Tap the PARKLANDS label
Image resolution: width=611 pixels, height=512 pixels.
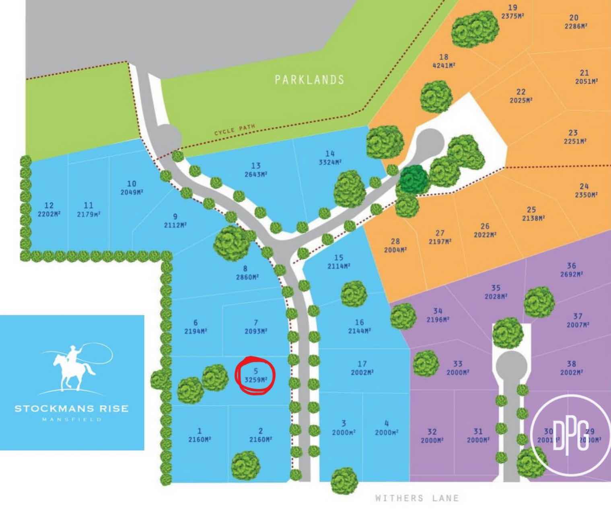click(x=309, y=80)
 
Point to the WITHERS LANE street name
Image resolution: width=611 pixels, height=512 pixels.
click(x=417, y=498)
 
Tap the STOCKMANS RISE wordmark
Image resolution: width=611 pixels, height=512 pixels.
click(x=72, y=409)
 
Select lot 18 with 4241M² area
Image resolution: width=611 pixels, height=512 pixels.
click(x=444, y=61)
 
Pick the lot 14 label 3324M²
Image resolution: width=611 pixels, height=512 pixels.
click(x=330, y=158)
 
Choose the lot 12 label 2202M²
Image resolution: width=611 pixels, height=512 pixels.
click(x=49, y=210)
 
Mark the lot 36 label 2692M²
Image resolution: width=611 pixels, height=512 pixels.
click(x=571, y=269)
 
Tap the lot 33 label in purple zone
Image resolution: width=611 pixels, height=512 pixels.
click(x=458, y=368)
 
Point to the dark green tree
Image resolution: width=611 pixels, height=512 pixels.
click(x=414, y=179)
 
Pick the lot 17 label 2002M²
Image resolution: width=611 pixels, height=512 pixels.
click(x=362, y=368)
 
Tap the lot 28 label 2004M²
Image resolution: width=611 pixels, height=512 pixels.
click(x=395, y=245)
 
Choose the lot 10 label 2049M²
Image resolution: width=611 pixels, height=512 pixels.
click(x=132, y=188)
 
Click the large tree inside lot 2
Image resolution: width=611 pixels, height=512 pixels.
click(x=245, y=465)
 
